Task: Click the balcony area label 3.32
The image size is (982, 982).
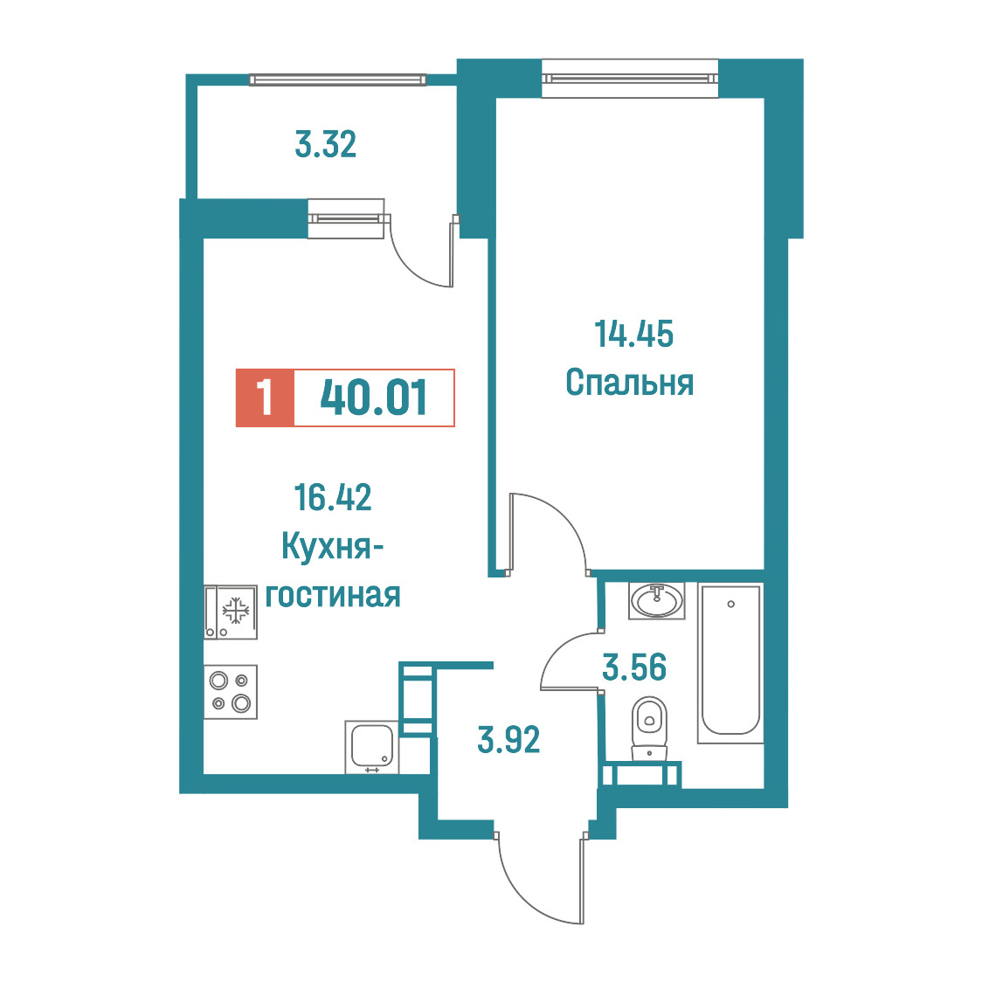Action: (x=326, y=144)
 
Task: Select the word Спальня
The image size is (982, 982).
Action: (x=629, y=383)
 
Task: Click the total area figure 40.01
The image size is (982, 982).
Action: (x=374, y=398)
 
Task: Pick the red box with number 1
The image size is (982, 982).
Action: (x=265, y=398)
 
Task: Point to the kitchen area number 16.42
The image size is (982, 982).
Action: (x=333, y=497)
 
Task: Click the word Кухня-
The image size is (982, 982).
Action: (x=332, y=546)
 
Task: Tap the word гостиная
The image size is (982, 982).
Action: (x=333, y=595)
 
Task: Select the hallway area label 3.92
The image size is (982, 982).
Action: (x=508, y=740)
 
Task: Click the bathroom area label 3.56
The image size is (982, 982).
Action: (x=633, y=667)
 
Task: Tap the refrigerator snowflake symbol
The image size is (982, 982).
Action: (x=236, y=611)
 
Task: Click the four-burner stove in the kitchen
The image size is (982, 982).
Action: (x=231, y=691)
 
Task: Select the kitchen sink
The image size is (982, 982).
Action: (x=371, y=747)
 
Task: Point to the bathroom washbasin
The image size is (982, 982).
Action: (x=656, y=600)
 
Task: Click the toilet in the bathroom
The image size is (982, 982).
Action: (x=649, y=729)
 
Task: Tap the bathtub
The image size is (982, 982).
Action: (x=730, y=663)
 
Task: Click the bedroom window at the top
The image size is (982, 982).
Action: (x=629, y=79)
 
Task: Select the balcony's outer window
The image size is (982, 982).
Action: (x=337, y=80)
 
